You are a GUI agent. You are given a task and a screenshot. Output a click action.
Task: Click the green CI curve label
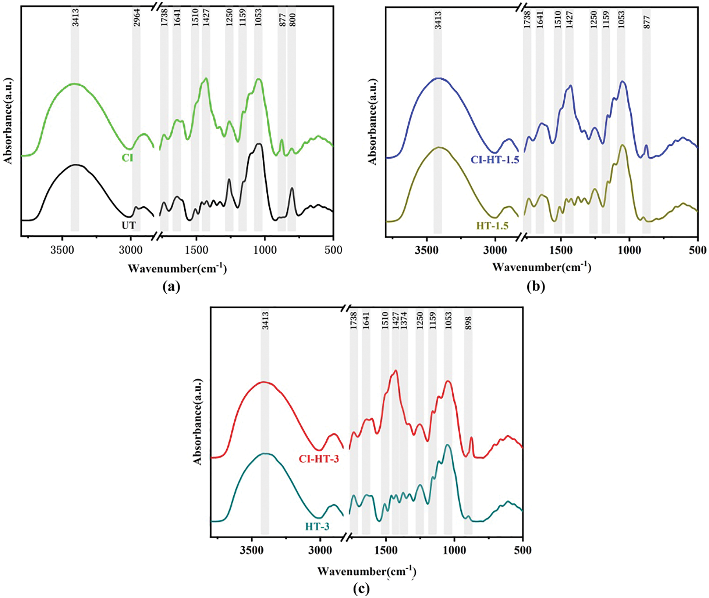click(127, 158)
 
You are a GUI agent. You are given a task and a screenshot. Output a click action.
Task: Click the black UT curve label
click(129, 225)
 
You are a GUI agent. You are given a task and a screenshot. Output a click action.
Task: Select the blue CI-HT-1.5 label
click(495, 160)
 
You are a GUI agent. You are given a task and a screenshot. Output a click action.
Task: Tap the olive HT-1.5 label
click(492, 226)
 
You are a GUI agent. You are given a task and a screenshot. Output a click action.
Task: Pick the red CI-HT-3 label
click(319, 459)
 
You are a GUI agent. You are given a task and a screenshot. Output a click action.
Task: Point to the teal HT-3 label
click(317, 527)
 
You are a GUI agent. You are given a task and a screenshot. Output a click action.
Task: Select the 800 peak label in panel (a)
click(293, 20)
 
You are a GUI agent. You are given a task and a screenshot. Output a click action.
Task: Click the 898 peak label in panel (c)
click(468, 323)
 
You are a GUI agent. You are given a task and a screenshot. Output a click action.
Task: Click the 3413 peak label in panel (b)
click(438, 20)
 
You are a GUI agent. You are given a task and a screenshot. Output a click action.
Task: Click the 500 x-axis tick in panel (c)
click(523, 550)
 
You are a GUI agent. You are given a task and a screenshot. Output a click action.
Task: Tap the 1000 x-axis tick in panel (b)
click(630, 250)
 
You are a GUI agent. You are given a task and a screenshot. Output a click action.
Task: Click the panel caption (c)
click(361, 589)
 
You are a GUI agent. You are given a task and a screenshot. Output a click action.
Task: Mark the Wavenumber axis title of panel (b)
click(542, 267)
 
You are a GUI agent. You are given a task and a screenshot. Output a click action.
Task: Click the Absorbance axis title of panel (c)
click(198, 422)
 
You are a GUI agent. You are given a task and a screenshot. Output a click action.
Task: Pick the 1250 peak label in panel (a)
click(229, 17)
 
